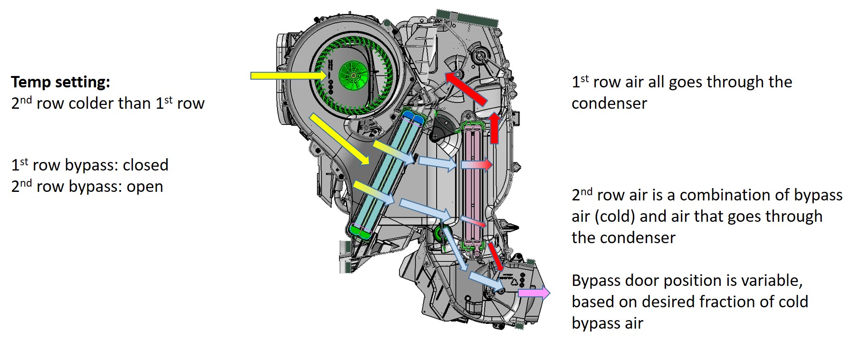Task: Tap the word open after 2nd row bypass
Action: [x=144, y=187]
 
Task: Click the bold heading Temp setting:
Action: [x=60, y=82]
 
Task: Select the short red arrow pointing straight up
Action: [x=495, y=128]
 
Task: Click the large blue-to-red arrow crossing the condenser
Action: [x=476, y=164]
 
